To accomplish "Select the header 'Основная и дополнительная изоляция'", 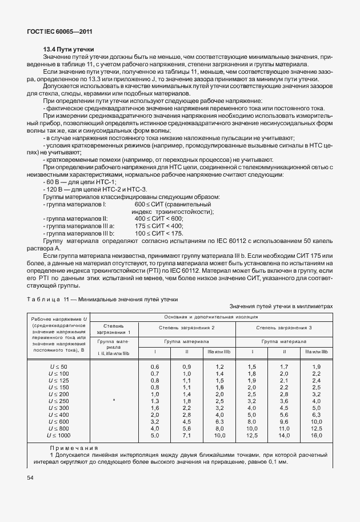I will [211, 316].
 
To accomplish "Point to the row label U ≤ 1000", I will [58, 435].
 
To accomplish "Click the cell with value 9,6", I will [284, 421].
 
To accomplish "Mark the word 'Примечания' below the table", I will [74, 448].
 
